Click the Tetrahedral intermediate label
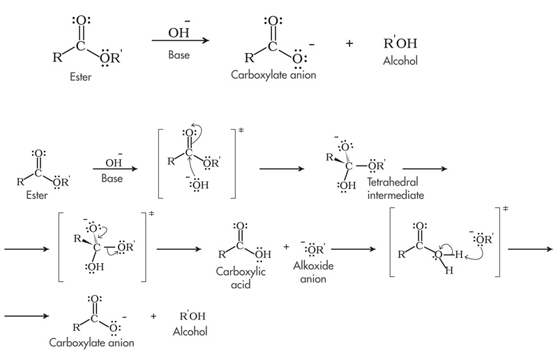click(395, 190)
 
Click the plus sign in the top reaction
click(349, 43)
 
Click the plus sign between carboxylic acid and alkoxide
click(286, 247)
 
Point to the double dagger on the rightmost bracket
click(504, 209)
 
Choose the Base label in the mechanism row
click(111, 179)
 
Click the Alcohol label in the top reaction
click(400, 61)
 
